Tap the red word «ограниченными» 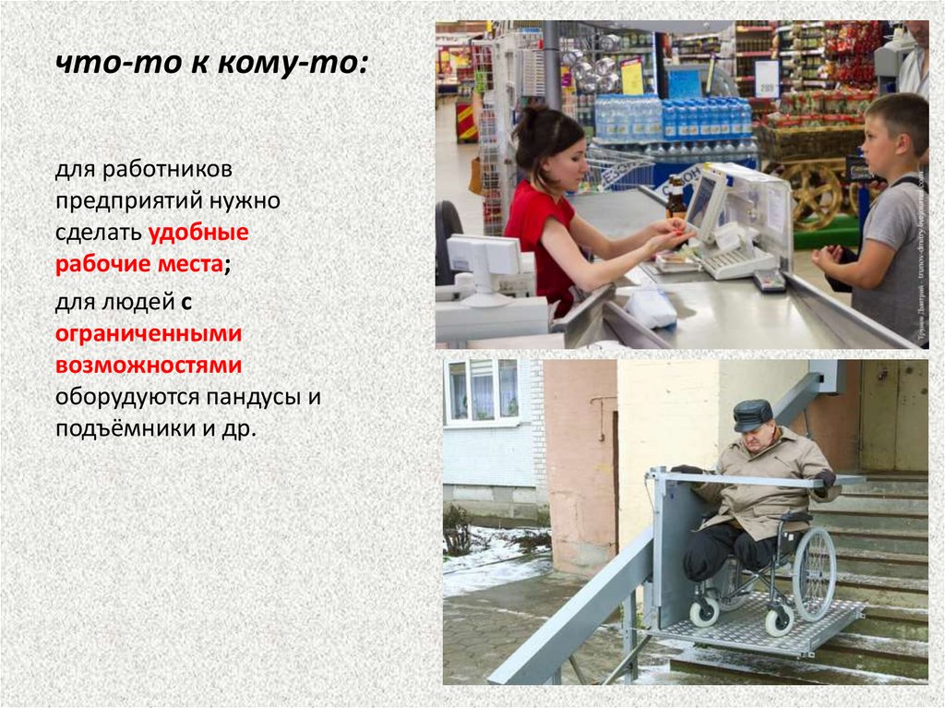pos(149,332)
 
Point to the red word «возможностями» pos(149,365)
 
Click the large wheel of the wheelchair pos(813,573)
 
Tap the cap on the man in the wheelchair pos(752,414)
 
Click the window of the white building pos(483,390)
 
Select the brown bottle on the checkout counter pos(676,196)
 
